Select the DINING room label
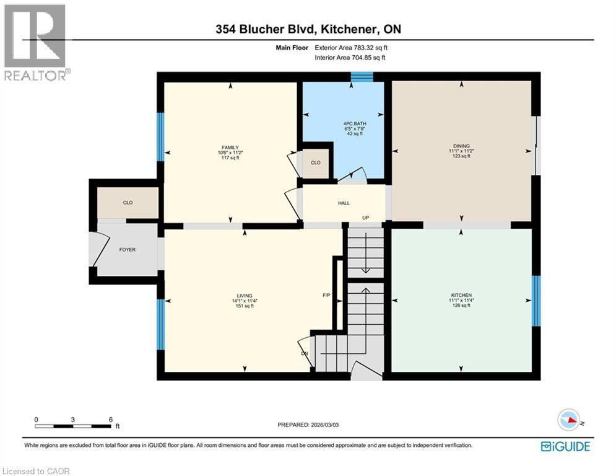point(460,146)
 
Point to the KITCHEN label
point(461,295)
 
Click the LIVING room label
point(244,296)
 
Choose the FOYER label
point(127,250)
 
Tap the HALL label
point(344,203)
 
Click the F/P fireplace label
point(326,296)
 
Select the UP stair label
point(366,218)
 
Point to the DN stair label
point(305,353)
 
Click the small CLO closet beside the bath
point(316,163)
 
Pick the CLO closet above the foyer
point(128,203)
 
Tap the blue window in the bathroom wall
point(362,77)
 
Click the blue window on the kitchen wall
point(536,301)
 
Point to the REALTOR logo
point(36,42)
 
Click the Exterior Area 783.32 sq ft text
point(351,47)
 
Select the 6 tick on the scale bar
point(110,420)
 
